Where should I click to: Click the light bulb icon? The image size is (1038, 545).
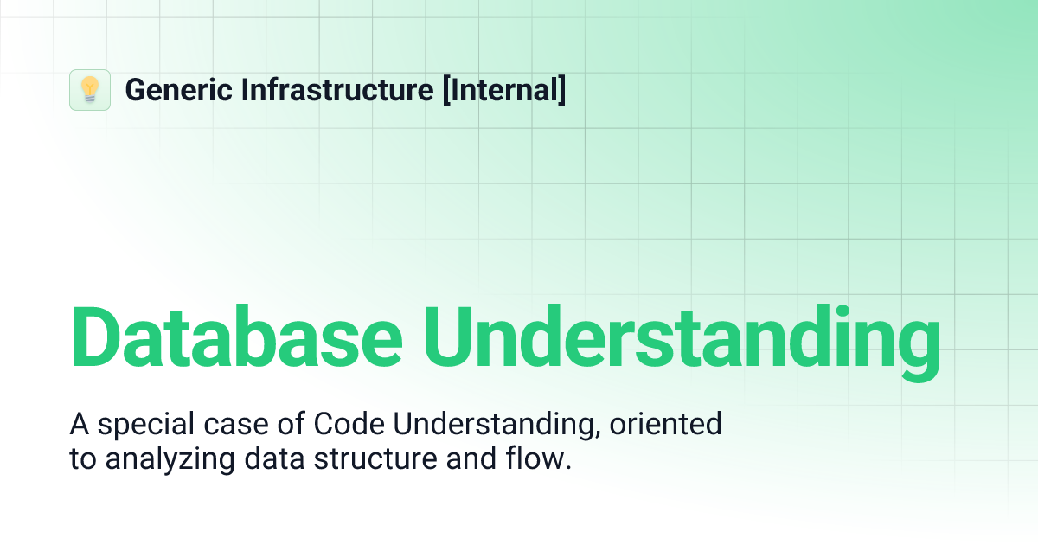[90, 90]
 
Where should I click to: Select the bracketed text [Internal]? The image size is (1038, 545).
[504, 90]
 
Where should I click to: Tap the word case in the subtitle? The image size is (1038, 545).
[227, 425]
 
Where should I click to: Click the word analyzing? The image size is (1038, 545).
[159, 459]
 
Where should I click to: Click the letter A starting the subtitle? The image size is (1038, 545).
[78, 425]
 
